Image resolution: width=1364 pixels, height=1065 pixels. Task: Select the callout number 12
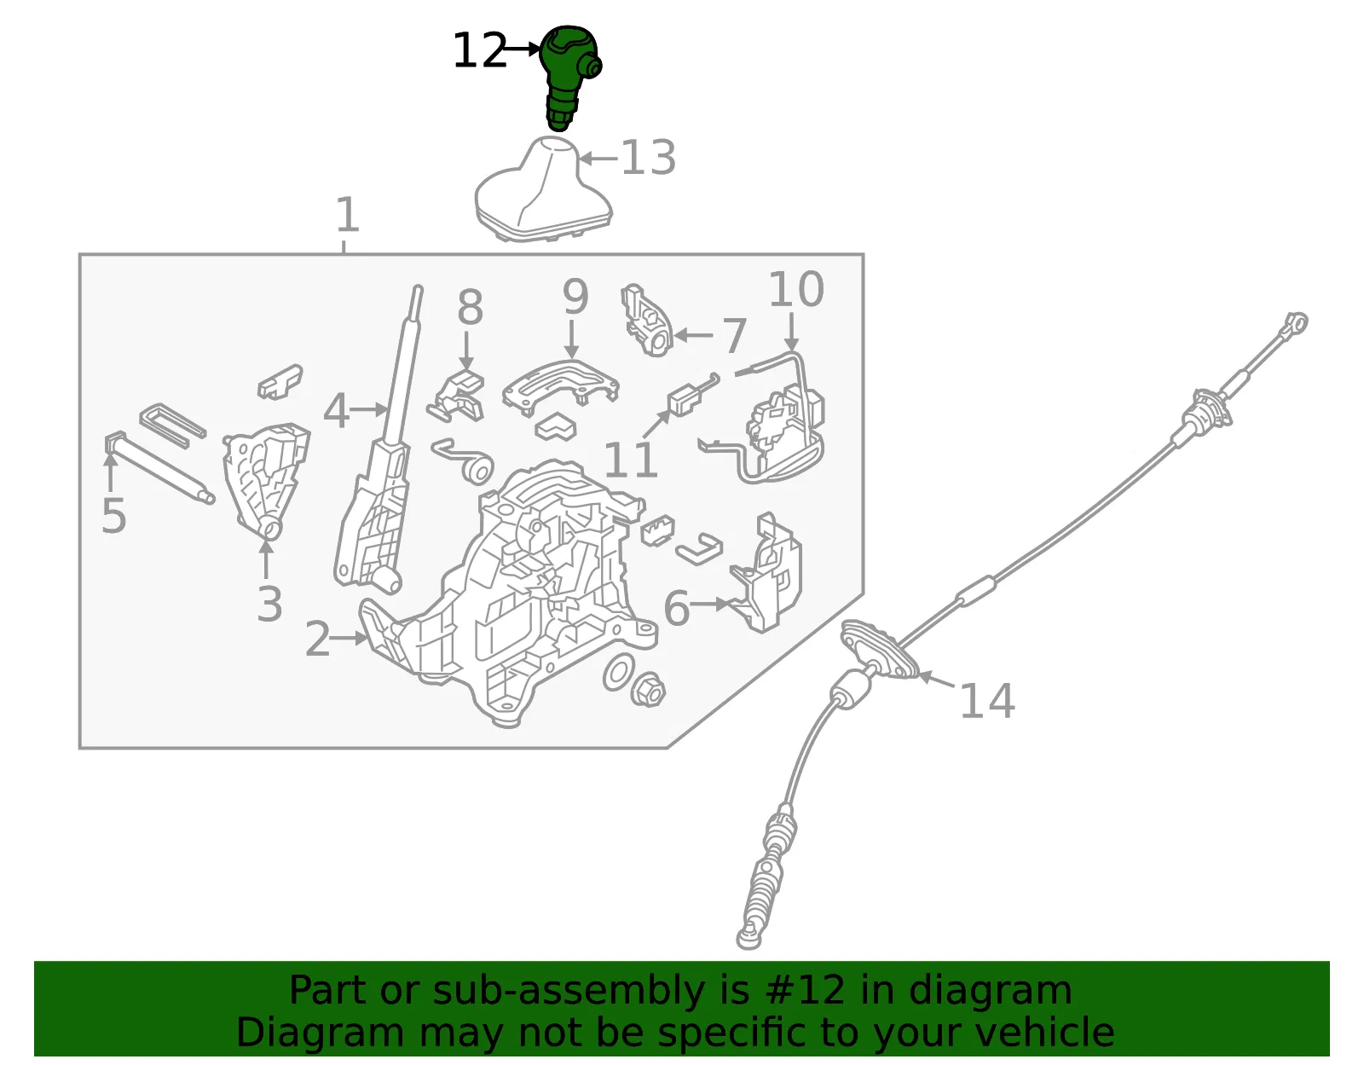[x=480, y=50]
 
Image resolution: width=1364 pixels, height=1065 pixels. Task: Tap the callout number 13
[x=649, y=158]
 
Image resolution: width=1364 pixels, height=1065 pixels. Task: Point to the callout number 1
[x=347, y=215]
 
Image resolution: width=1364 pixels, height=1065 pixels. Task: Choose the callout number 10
[x=796, y=289]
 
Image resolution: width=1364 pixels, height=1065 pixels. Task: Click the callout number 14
[x=987, y=700]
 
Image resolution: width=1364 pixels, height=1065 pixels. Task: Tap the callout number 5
[x=113, y=516]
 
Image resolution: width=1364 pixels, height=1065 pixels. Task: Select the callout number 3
[x=269, y=604]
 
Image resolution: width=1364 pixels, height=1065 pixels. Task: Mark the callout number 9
[x=575, y=296]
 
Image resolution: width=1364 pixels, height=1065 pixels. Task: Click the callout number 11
[x=631, y=460]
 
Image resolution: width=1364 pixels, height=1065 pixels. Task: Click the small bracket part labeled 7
[x=646, y=320]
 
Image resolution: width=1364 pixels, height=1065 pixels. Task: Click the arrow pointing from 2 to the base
[x=349, y=639]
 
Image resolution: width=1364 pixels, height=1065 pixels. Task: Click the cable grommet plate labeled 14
[x=879, y=651]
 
